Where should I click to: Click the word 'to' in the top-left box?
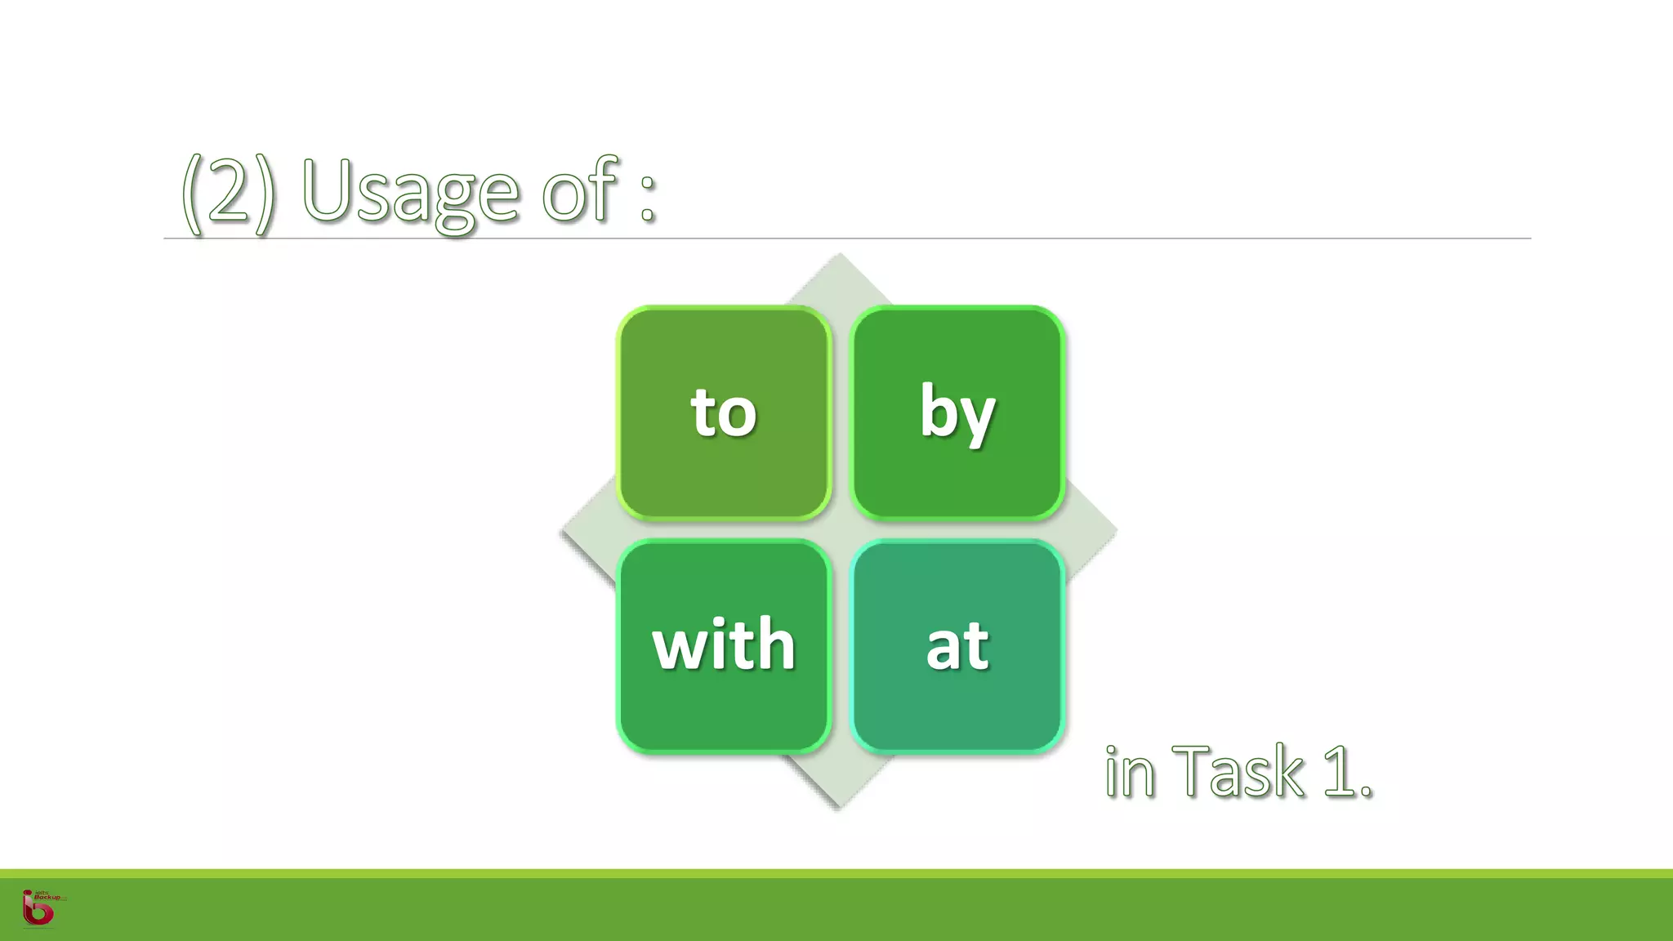[724, 413]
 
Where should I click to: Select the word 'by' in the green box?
[957, 413]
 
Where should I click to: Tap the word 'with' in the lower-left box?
[724, 645]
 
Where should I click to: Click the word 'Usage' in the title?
[410, 192]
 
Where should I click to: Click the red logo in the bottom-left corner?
[38, 908]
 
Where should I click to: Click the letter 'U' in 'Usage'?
[328, 190]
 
